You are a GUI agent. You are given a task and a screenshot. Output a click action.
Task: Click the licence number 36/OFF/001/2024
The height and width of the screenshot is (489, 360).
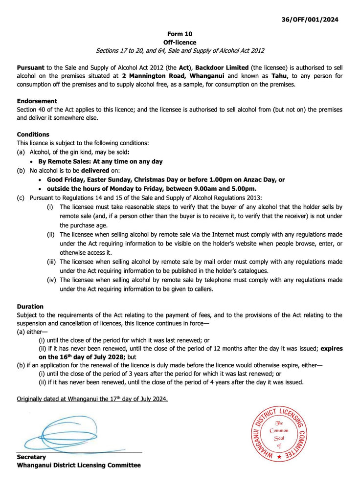point(310,20)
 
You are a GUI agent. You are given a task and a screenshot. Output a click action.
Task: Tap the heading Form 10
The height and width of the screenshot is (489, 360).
point(180,34)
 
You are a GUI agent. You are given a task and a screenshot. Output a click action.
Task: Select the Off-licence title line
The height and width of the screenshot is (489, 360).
point(180,43)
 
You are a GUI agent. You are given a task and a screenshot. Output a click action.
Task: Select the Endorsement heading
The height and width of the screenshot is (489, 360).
point(37,101)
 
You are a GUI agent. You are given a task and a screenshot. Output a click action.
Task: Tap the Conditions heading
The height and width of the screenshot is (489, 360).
point(33,134)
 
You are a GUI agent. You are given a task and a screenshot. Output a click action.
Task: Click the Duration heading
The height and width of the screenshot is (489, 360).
point(30,307)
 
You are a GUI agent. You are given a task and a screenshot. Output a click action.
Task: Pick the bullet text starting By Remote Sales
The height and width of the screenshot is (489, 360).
point(100,161)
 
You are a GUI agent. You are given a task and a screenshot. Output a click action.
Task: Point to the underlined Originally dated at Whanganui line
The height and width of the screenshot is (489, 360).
point(92,399)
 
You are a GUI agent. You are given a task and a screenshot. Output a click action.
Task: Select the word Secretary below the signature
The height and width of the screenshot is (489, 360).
point(31,457)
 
